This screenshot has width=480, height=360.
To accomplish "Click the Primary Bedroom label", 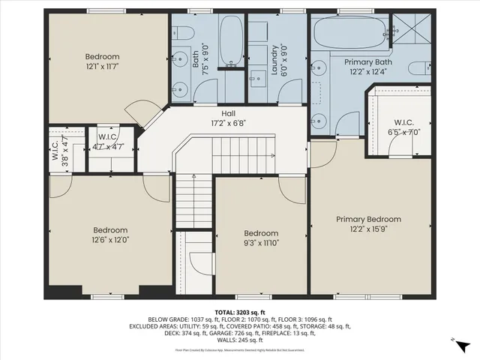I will pyautogui.click(x=367, y=219).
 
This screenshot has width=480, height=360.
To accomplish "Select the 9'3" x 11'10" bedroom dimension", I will pyautogui.click(x=260, y=243).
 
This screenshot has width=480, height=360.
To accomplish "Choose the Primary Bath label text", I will pyautogui.click(x=367, y=61).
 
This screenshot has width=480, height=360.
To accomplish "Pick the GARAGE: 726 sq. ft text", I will pyautogui.click(x=224, y=334).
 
